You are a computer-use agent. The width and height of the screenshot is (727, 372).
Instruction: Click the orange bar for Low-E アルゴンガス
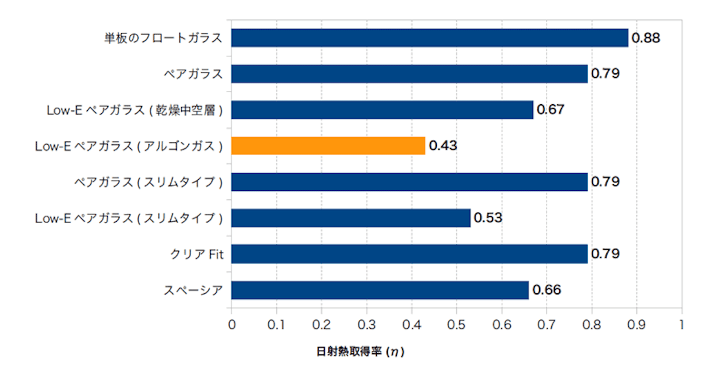click(328, 146)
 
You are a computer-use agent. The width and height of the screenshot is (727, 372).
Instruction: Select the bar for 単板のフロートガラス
click(430, 38)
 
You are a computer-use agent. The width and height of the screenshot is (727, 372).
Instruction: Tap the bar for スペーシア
click(380, 290)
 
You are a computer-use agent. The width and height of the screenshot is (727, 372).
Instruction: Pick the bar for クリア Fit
click(410, 254)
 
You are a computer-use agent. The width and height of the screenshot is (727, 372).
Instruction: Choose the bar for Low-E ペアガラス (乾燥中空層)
click(382, 110)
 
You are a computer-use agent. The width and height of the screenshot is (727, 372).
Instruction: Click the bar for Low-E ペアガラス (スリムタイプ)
click(351, 218)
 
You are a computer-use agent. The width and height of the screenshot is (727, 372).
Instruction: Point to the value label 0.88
click(645, 38)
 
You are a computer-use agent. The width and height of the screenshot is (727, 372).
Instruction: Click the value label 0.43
click(443, 146)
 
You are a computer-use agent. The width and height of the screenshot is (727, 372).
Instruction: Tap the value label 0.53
click(488, 218)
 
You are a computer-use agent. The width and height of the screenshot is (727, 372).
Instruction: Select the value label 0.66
click(546, 290)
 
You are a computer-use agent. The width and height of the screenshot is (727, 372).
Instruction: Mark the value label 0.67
click(551, 110)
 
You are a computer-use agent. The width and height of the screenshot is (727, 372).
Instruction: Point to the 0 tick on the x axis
click(231, 324)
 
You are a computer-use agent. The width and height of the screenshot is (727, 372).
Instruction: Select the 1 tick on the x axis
click(682, 324)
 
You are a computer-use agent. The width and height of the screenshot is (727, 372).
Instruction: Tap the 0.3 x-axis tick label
click(367, 324)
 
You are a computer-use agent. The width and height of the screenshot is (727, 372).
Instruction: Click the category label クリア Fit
click(196, 254)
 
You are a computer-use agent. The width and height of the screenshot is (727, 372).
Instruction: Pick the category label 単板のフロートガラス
click(162, 38)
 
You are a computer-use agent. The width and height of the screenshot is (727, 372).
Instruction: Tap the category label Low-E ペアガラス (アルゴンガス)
click(129, 146)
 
